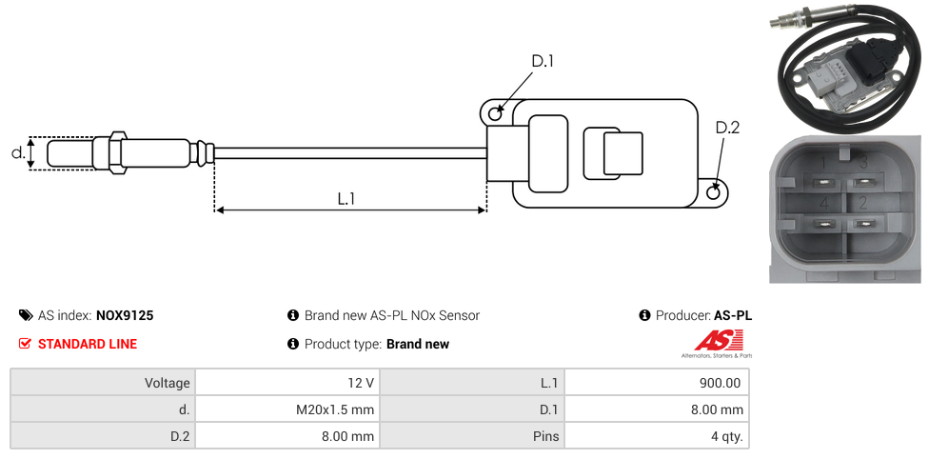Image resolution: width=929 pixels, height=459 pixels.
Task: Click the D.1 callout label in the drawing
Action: point(543,62)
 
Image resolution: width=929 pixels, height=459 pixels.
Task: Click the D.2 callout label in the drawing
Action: point(727,129)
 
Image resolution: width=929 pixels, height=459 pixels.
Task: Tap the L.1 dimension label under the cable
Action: point(346,199)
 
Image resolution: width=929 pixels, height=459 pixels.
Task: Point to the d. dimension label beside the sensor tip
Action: point(17,152)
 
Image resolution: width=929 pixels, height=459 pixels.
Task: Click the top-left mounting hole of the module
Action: point(495,114)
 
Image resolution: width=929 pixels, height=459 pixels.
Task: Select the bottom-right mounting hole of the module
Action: point(715,193)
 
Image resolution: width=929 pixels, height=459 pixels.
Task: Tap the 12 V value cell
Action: point(361,383)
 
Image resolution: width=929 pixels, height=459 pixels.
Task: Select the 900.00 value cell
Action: point(720,383)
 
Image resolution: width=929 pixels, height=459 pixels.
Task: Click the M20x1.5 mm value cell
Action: point(335,409)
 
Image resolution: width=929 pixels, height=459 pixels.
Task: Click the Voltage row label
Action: point(168,383)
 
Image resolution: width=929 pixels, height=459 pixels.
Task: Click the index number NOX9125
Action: point(125,315)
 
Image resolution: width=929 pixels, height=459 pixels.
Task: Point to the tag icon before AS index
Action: point(26,315)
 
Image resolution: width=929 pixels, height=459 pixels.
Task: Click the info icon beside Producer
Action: point(644,315)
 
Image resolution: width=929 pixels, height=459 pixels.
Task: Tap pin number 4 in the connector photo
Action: point(824,203)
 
